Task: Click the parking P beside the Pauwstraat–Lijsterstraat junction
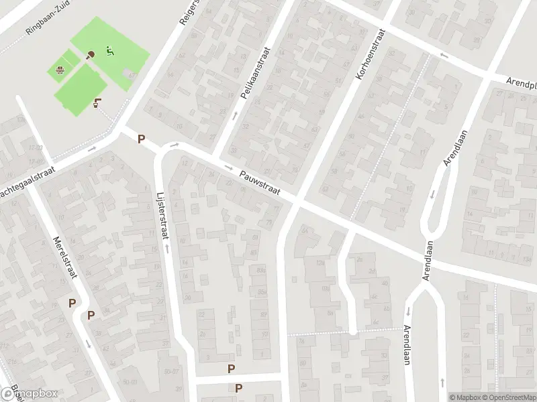tap(141, 139)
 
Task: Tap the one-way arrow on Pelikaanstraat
tap(234, 115)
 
